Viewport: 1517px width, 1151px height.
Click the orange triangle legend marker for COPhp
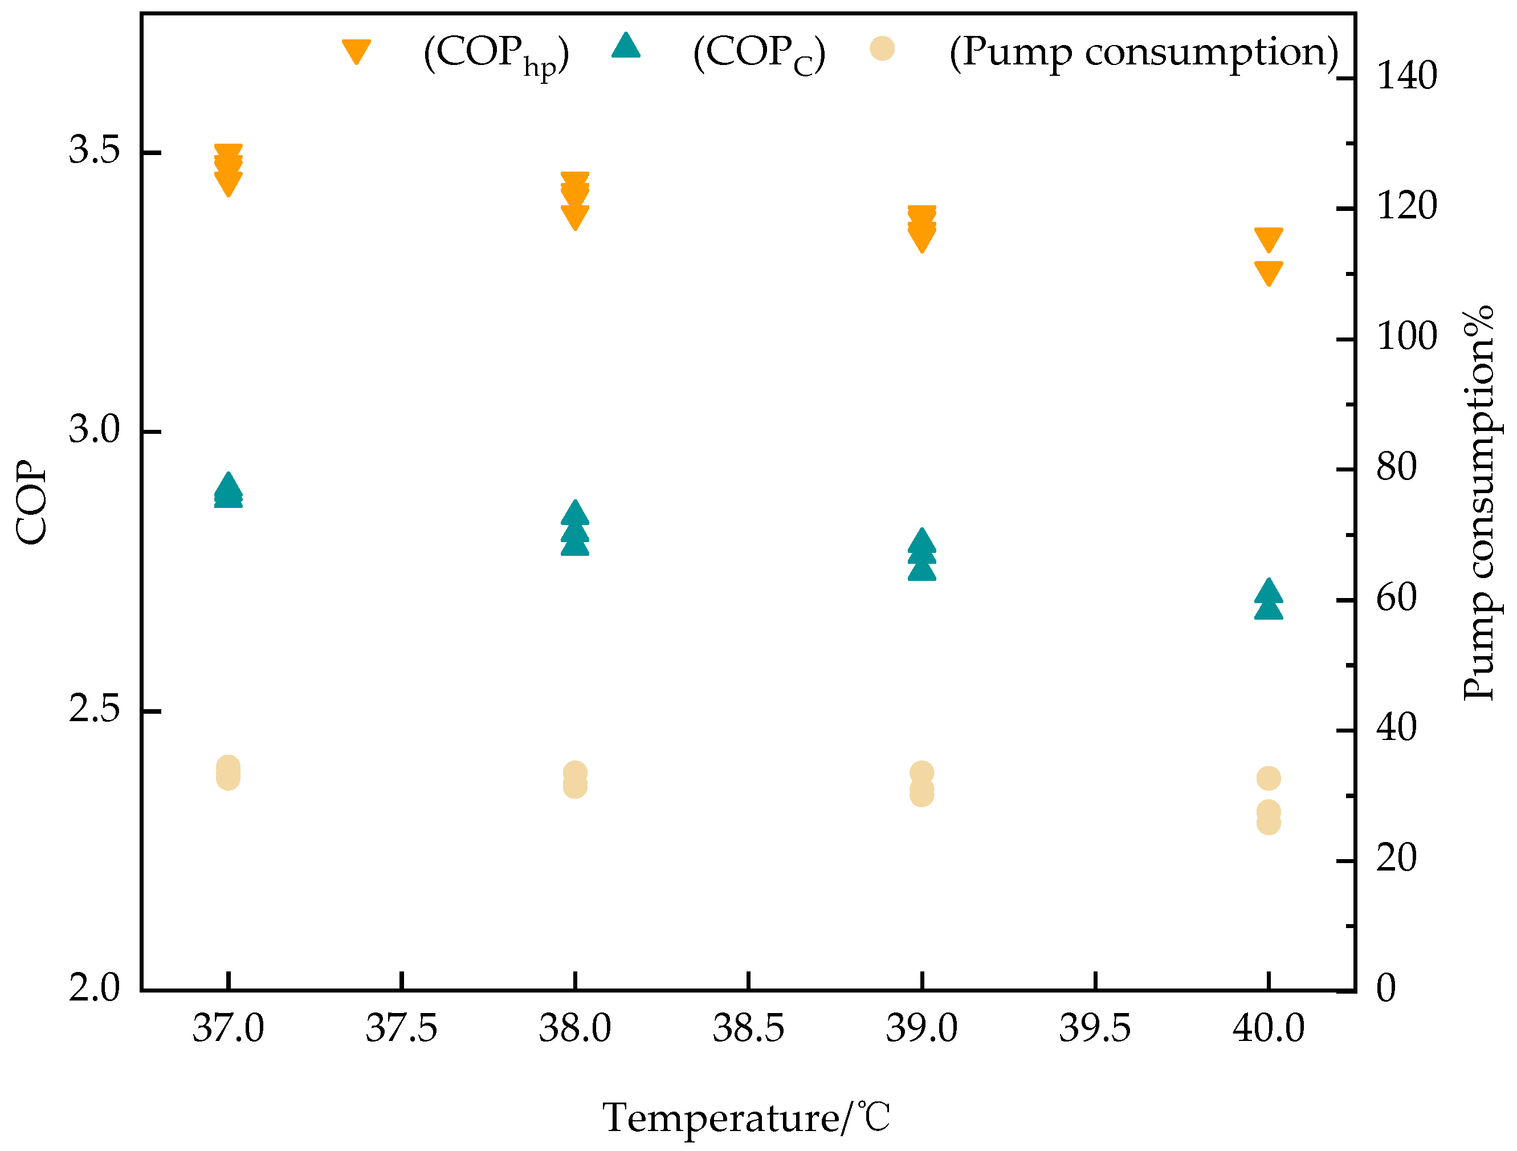pos(357,51)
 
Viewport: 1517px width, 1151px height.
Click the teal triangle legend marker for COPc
pos(626,46)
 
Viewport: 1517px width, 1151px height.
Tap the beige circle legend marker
pos(882,48)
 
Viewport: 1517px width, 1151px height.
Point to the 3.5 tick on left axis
pos(94,151)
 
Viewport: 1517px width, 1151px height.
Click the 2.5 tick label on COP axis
pos(94,710)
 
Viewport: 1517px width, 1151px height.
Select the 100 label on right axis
pos(1406,337)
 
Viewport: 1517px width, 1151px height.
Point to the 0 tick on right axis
pos(1386,989)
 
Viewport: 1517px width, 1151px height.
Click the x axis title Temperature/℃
pos(746,1117)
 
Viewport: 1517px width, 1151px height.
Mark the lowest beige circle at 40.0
pos(1269,823)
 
